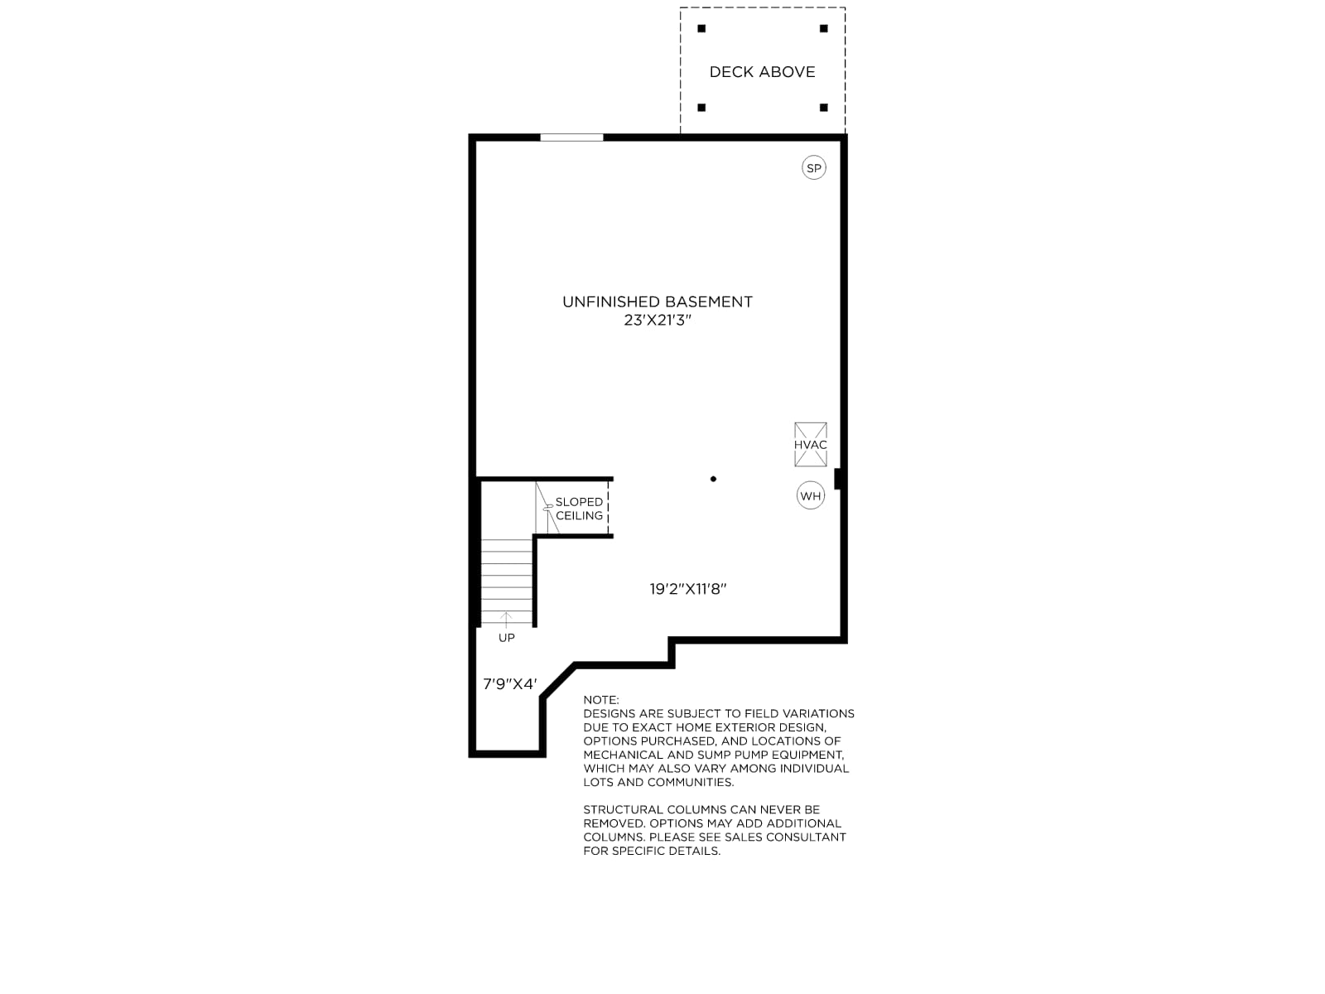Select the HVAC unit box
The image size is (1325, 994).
click(810, 444)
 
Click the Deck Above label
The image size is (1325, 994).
click(762, 72)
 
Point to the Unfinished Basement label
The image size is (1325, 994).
click(658, 302)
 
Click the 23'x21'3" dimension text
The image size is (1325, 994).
click(658, 320)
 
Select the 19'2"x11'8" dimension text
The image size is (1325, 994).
click(687, 588)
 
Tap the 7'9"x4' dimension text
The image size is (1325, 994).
click(510, 684)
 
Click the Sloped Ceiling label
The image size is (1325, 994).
click(579, 509)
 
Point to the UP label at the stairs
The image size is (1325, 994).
click(507, 638)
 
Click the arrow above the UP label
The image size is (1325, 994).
click(507, 620)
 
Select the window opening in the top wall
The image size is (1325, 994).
click(571, 138)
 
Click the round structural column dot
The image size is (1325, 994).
click(713, 479)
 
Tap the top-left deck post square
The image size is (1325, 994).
click(701, 28)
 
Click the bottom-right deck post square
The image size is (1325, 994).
click(823, 108)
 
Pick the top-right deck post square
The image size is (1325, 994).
click(823, 28)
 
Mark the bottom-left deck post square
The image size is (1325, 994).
click(701, 108)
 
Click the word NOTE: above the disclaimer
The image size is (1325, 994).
click(600, 700)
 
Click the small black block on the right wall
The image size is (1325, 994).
click(838, 479)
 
